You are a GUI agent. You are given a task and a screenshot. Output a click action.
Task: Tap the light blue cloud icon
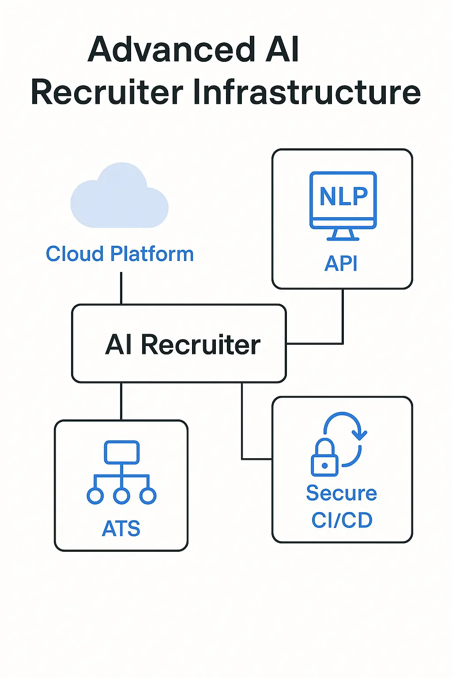(x=119, y=197)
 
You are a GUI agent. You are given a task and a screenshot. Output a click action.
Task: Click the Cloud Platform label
(x=120, y=254)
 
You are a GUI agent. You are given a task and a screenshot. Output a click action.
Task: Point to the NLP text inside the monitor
(x=343, y=196)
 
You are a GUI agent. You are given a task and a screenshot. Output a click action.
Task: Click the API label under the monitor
(x=341, y=264)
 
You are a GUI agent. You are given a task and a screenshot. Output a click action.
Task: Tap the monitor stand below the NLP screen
(x=343, y=234)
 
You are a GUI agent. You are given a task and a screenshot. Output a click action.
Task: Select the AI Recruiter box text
(x=183, y=344)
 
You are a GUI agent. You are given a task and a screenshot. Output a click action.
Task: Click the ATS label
(x=121, y=528)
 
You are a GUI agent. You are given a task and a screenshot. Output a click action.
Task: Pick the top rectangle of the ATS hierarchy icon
(x=122, y=452)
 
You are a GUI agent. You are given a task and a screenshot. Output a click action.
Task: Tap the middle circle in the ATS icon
(x=121, y=496)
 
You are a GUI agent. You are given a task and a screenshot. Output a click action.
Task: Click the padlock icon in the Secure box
(x=324, y=460)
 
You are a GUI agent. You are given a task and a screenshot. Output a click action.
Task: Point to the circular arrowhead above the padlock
(x=361, y=435)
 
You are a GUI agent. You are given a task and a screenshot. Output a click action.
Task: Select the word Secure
(x=341, y=493)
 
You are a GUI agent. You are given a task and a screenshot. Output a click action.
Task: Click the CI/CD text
(x=342, y=520)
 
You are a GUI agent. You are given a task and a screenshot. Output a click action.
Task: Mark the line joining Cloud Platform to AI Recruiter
(x=121, y=288)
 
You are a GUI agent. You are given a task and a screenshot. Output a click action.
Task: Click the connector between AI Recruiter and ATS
(x=121, y=401)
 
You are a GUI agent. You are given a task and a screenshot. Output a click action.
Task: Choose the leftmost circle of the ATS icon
(x=95, y=496)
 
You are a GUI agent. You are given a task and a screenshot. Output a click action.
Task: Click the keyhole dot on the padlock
(x=325, y=465)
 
